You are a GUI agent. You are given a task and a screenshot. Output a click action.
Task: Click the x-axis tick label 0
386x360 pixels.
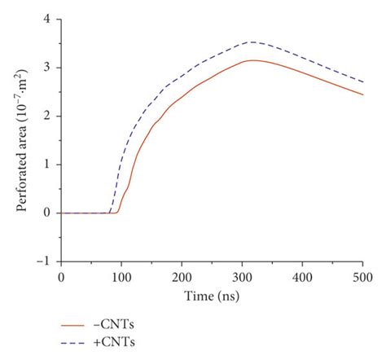tap(61, 277)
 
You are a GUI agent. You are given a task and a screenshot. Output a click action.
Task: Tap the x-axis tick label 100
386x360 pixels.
tap(121, 277)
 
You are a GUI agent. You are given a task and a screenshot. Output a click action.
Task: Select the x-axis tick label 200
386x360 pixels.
tap(182, 277)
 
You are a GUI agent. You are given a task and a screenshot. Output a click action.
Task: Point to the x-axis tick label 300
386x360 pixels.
tap(242, 277)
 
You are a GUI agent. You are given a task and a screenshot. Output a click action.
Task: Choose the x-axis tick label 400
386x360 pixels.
tap(302, 277)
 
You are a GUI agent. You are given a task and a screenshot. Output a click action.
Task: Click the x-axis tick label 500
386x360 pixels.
tap(362, 277)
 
